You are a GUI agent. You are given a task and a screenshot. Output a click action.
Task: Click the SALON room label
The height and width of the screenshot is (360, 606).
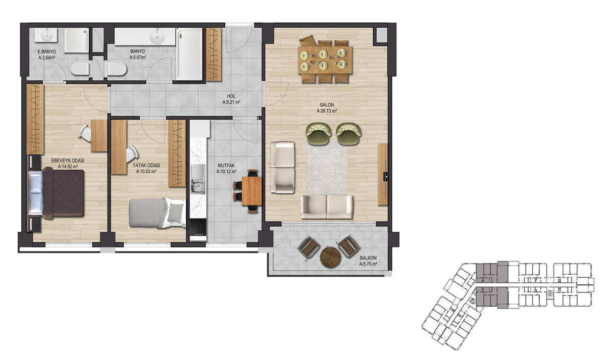pyautogui.click(x=327, y=105)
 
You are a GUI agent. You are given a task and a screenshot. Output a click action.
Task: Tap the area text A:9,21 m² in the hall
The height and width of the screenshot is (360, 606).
pyautogui.click(x=231, y=102)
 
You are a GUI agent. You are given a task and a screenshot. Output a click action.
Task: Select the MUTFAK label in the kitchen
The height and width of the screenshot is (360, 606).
pyautogui.click(x=226, y=165)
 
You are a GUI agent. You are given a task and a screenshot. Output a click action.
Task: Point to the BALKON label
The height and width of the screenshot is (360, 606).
pyautogui.click(x=368, y=258)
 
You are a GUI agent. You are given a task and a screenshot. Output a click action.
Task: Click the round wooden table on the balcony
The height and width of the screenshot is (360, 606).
pyautogui.click(x=330, y=257)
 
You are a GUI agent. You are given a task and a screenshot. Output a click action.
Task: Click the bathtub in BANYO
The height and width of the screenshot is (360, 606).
pyautogui.click(x=189, y=54)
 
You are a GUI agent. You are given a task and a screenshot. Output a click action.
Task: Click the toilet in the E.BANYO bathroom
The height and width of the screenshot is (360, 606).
pyautogui.click(x=80, y=69)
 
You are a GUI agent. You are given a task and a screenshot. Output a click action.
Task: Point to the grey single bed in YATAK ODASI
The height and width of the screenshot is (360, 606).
pyautogui.click(x=157, y=213)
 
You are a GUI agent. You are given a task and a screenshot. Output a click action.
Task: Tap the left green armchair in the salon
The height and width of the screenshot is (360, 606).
pyautogui.click(x=319, y=134)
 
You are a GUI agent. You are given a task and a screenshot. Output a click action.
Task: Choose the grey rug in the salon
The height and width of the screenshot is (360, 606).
pyautogui.click(x=327, y=168)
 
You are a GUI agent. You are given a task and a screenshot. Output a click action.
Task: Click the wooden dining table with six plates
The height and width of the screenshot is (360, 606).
pyautogui.click(x=325, y=60)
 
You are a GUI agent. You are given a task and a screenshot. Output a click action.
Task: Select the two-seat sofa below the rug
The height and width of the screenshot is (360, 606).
pyautogui.click(x=327, y=207)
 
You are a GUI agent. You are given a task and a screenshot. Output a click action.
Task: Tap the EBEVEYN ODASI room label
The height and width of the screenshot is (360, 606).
pyautogui.click(x=68, y=161)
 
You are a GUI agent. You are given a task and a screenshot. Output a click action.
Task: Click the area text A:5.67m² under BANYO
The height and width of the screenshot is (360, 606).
pyautogui.click(x=138, y=58)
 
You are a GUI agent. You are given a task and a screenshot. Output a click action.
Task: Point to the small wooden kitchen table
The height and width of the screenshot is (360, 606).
pyautogui.click(x=251, y=191)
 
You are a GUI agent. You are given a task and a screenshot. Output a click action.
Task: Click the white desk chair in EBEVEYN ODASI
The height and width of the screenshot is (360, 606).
pyautogui.click(x=85, y=133)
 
